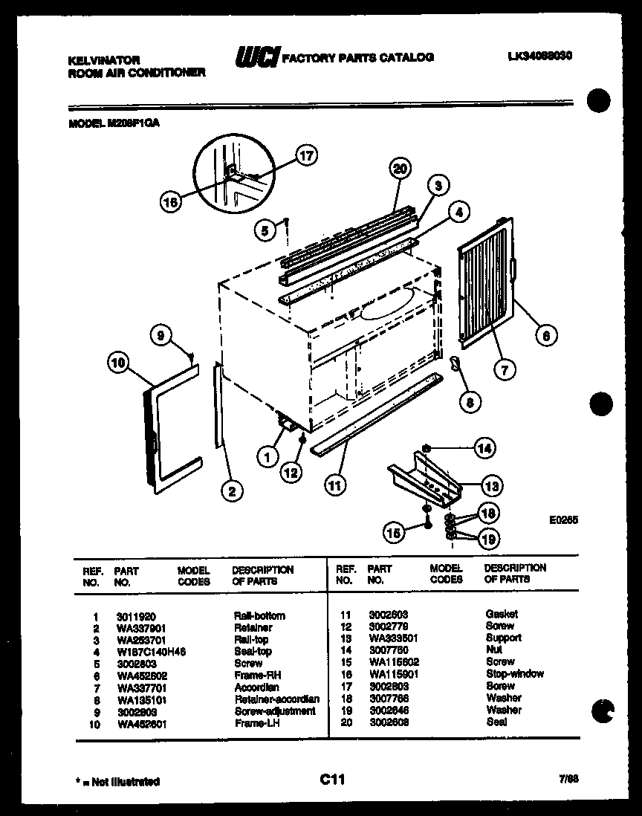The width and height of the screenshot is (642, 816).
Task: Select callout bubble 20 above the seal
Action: click(x=401, y=169)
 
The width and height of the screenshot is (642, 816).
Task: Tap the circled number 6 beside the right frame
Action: click(x=545, y=335)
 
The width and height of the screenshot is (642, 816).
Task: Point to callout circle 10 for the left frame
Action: click(x=117, y=363)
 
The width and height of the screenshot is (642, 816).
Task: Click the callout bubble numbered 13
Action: click(x=490, y=487)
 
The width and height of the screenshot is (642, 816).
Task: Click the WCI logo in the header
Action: click(x=256, y=57)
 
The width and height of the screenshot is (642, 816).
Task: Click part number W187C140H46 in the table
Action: click(x=151, y=651)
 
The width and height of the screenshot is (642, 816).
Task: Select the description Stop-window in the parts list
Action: click(x=514, y=673)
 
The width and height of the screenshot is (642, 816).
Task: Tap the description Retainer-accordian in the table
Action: click(x=276, y=699)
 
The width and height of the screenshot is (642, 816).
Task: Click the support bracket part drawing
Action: click(x=424, y=479)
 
